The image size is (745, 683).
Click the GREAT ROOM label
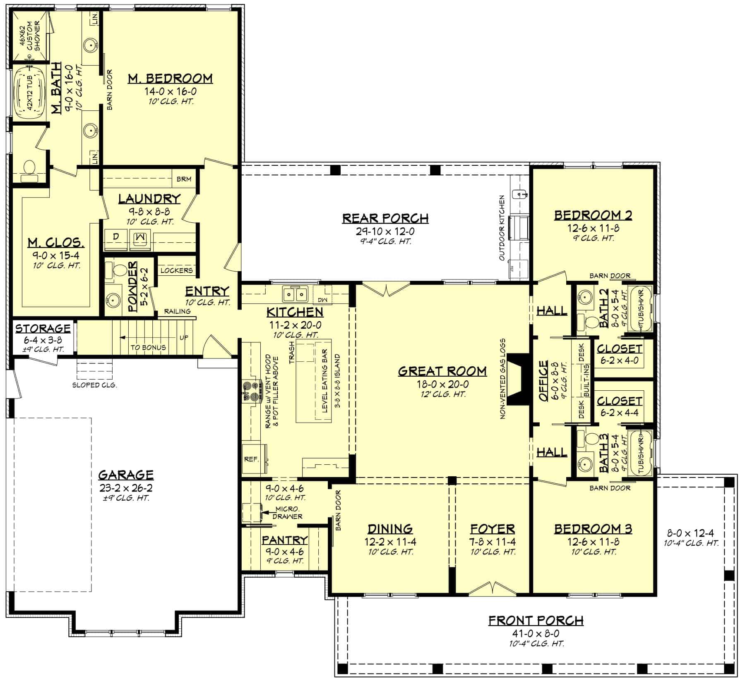442,371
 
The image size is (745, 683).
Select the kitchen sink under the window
295,294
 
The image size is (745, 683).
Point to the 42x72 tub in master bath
29,94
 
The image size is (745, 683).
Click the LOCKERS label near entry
177,270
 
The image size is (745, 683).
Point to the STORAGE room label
43,329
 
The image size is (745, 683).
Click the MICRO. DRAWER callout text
288,513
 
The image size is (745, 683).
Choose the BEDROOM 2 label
593,215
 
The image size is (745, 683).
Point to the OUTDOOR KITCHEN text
502,228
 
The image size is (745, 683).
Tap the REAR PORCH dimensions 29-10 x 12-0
385,231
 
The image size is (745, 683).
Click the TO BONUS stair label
148,347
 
